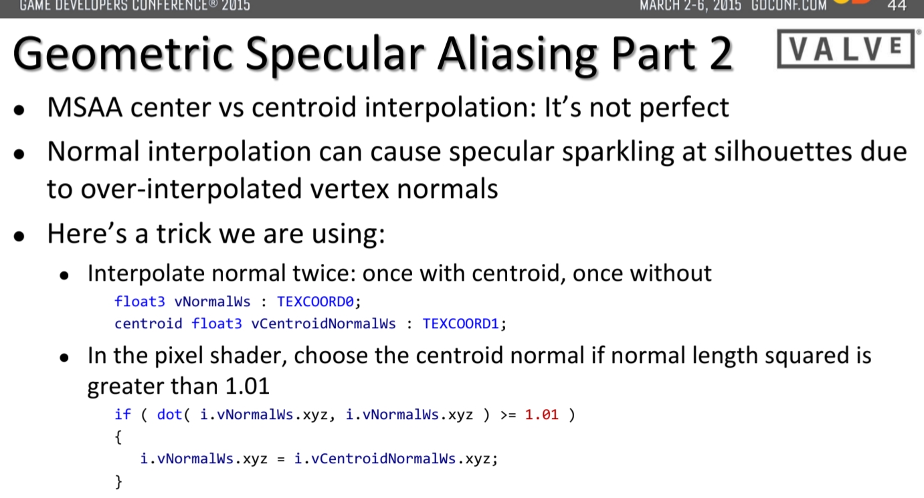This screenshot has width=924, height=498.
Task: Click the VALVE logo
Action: (846, 49)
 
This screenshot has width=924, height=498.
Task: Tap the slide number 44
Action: (897, 6)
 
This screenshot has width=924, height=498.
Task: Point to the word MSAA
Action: (84, 108)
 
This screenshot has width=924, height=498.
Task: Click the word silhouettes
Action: (783, 152)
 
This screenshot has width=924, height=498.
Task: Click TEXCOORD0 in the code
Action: (315, 301)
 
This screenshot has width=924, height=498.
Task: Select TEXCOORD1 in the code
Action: (461, 324)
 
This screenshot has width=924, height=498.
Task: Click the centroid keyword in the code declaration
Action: (148, 324)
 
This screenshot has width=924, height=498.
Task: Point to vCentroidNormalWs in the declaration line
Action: (323, 324)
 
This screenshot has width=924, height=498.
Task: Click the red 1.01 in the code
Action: (541, 414)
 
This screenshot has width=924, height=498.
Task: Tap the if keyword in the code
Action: (122, 414)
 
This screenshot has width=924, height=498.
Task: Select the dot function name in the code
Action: (169, 414)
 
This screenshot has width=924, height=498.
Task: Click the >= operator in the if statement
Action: (507, 414)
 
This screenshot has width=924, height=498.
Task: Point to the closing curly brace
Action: (118, 481)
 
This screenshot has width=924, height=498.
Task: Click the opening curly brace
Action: (118, 437)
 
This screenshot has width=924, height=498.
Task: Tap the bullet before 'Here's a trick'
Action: (19, 236)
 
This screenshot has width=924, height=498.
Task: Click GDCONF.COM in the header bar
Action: (789, 6)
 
